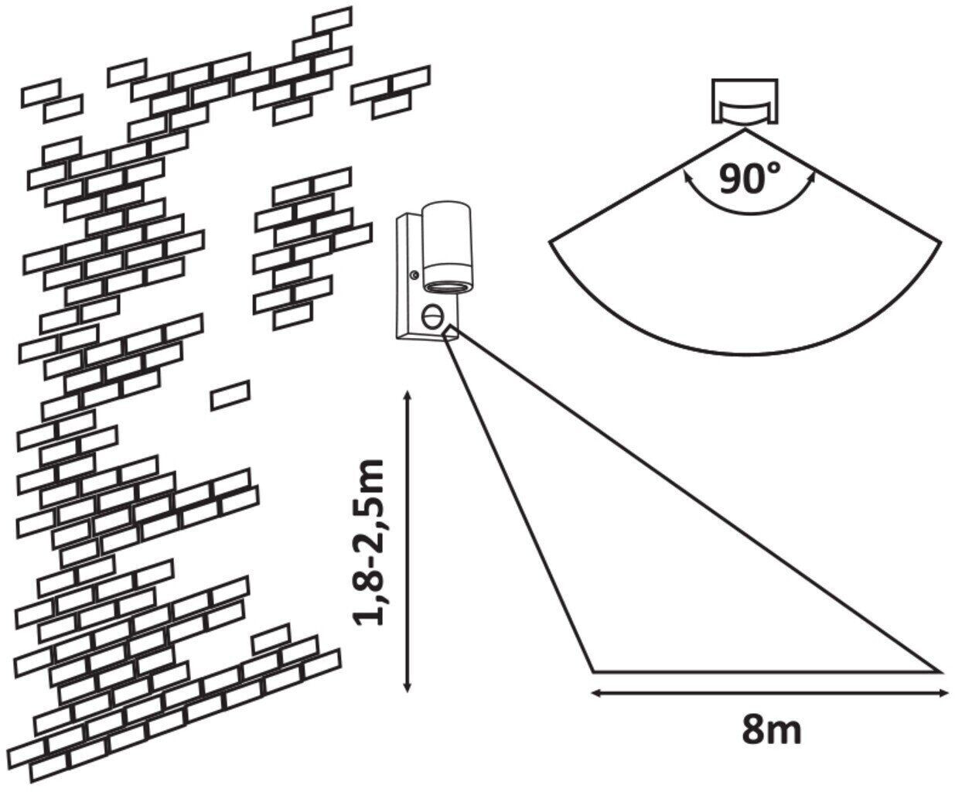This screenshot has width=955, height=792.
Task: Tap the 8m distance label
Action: click(x=770, y=730)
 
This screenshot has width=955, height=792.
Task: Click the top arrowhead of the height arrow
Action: click(x=408, y=395)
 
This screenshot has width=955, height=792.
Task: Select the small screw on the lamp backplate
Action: click(x=415, y=275)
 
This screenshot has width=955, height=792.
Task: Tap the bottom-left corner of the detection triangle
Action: click(x=594, y=670)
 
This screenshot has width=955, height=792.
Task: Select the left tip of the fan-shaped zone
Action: click(x=551, y=242)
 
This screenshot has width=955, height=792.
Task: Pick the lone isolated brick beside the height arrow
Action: click(x=230, y=395)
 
